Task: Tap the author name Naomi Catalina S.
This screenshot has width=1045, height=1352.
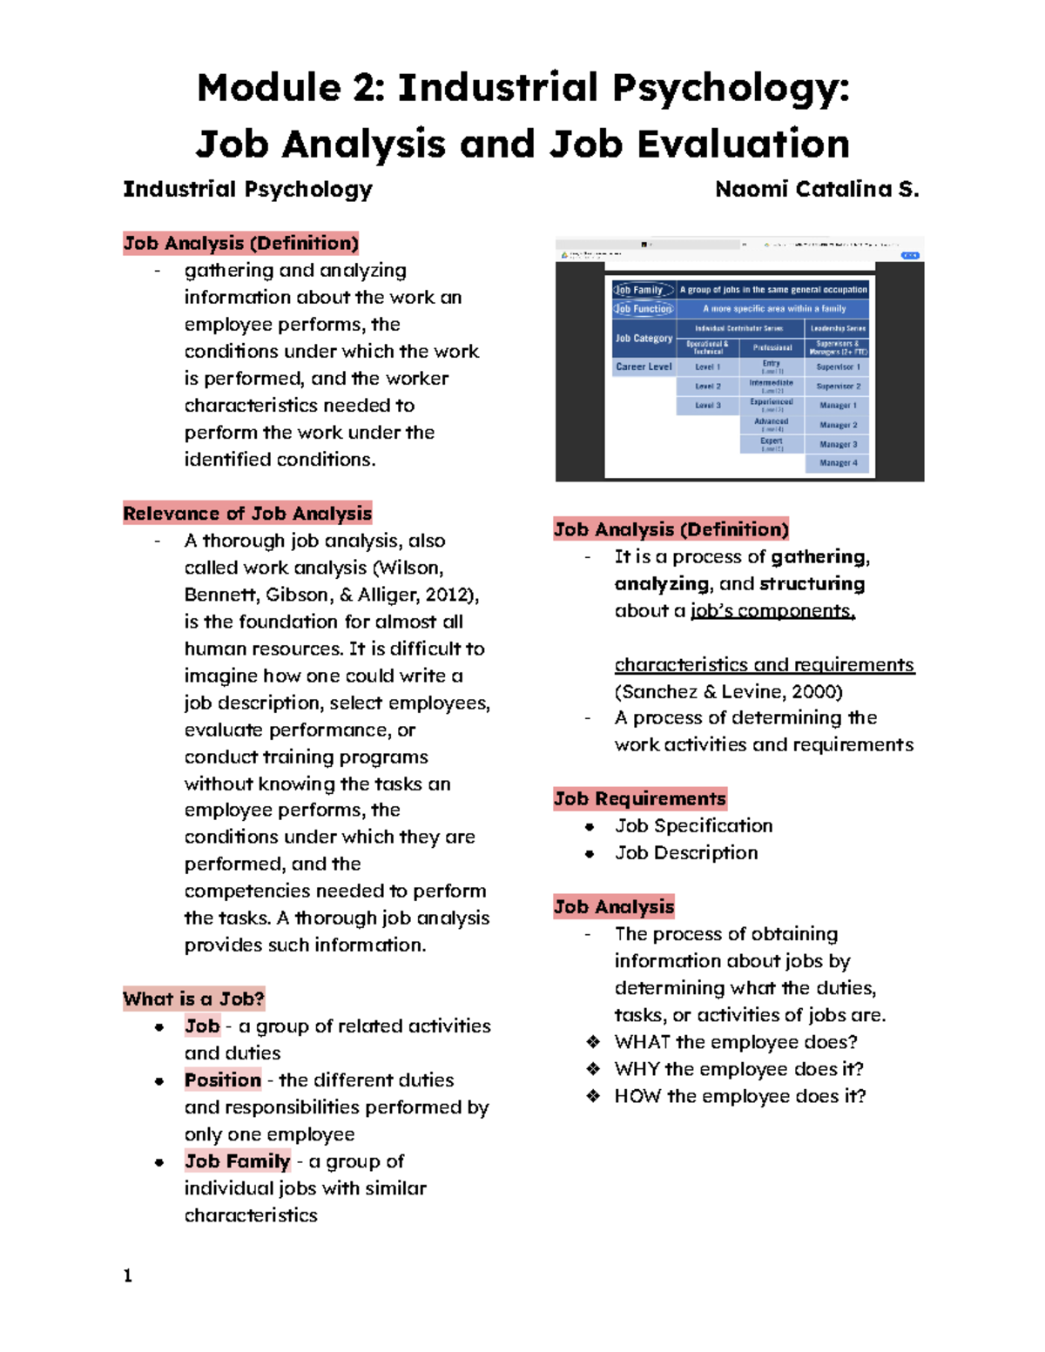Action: [816, 189]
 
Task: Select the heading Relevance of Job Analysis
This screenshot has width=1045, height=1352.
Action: [247, 514]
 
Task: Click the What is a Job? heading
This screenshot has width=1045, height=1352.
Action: [193, 999]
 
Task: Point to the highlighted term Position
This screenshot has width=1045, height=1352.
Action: [222, 1080]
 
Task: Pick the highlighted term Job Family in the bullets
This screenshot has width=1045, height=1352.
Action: [237, 1161]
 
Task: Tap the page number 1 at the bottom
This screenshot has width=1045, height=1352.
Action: [128, 1276]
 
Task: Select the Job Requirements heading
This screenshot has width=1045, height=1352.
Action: [639, 798]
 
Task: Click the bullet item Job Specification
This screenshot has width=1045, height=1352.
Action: [693, 825]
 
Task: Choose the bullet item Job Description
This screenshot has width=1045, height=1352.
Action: [686, 852]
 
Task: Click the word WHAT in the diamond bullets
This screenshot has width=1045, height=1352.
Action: [642, 1042]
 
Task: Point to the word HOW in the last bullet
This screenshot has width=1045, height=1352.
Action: [637, 1096]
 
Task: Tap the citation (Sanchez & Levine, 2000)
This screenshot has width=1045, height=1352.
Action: [728, 691]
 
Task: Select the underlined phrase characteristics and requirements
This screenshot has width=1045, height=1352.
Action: [764, 664]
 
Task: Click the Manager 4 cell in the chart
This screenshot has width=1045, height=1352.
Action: [838, 463]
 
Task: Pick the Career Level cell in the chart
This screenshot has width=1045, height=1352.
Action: [644, 367]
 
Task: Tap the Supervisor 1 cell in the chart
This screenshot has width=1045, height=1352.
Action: [838, 367]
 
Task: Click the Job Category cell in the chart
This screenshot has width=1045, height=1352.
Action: [644, 338]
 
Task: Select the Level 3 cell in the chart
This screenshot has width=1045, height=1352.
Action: [707, 406]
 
